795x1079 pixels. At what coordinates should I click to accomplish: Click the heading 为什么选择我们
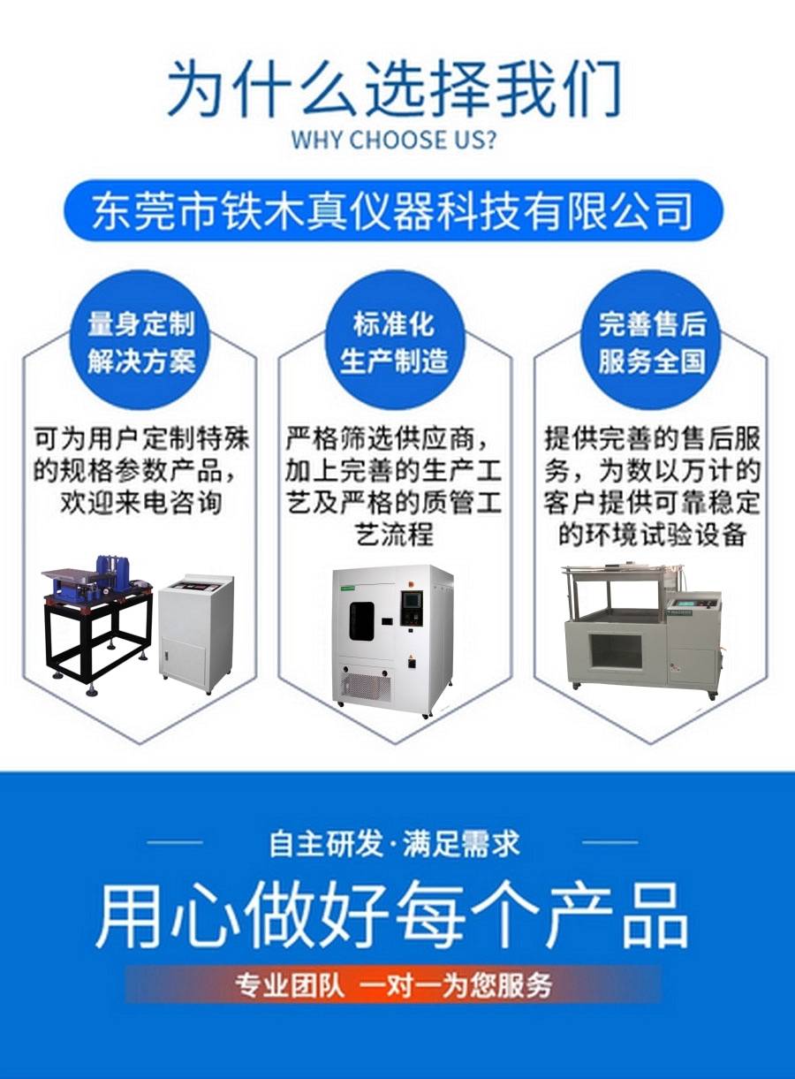click(395, 88)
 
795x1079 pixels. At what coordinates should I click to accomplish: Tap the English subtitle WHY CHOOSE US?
click(393, 141)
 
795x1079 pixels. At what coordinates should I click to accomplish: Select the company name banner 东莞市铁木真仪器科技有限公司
click(393, 210)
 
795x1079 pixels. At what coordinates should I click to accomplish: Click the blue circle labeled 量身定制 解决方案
click(141, 340)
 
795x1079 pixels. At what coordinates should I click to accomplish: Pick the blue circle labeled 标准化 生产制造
click(394, 340)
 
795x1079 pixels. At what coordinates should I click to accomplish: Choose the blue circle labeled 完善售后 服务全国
click(652, 340)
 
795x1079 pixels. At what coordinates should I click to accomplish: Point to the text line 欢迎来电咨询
click(141, 504)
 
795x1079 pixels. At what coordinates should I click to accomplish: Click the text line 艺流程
click(394, 536)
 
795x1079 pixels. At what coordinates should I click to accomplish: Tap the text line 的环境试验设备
click(652, 536)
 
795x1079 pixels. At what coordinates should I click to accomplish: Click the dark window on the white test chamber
click(361, 621)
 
